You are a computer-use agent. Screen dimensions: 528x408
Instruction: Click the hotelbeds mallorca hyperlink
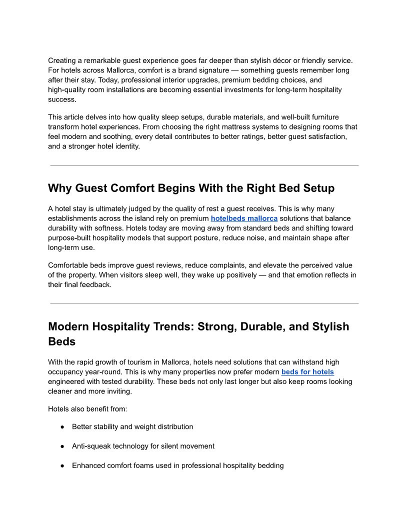coord(244,218)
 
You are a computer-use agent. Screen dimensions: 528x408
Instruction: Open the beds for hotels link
coord(307,372)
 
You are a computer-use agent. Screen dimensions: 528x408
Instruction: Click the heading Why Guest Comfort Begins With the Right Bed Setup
coord(191,188)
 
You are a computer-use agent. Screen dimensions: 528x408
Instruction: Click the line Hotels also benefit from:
coord(87,409)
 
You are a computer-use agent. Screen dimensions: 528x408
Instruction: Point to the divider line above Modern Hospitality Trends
coord(204,303)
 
